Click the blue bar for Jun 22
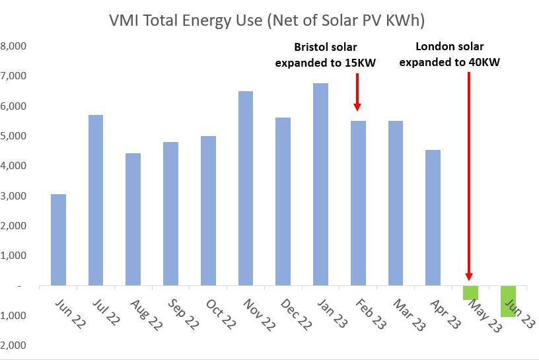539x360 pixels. click(58, 240)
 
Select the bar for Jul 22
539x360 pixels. click(96, 200)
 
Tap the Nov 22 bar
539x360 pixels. click(245, 188)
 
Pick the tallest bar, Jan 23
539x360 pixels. click(320, 184)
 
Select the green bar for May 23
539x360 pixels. click(470, 293)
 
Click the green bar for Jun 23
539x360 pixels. click(508, 301)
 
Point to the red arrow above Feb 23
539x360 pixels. click(357, 92)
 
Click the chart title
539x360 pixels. click(267, 20)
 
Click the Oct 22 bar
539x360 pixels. click(208, 211)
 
